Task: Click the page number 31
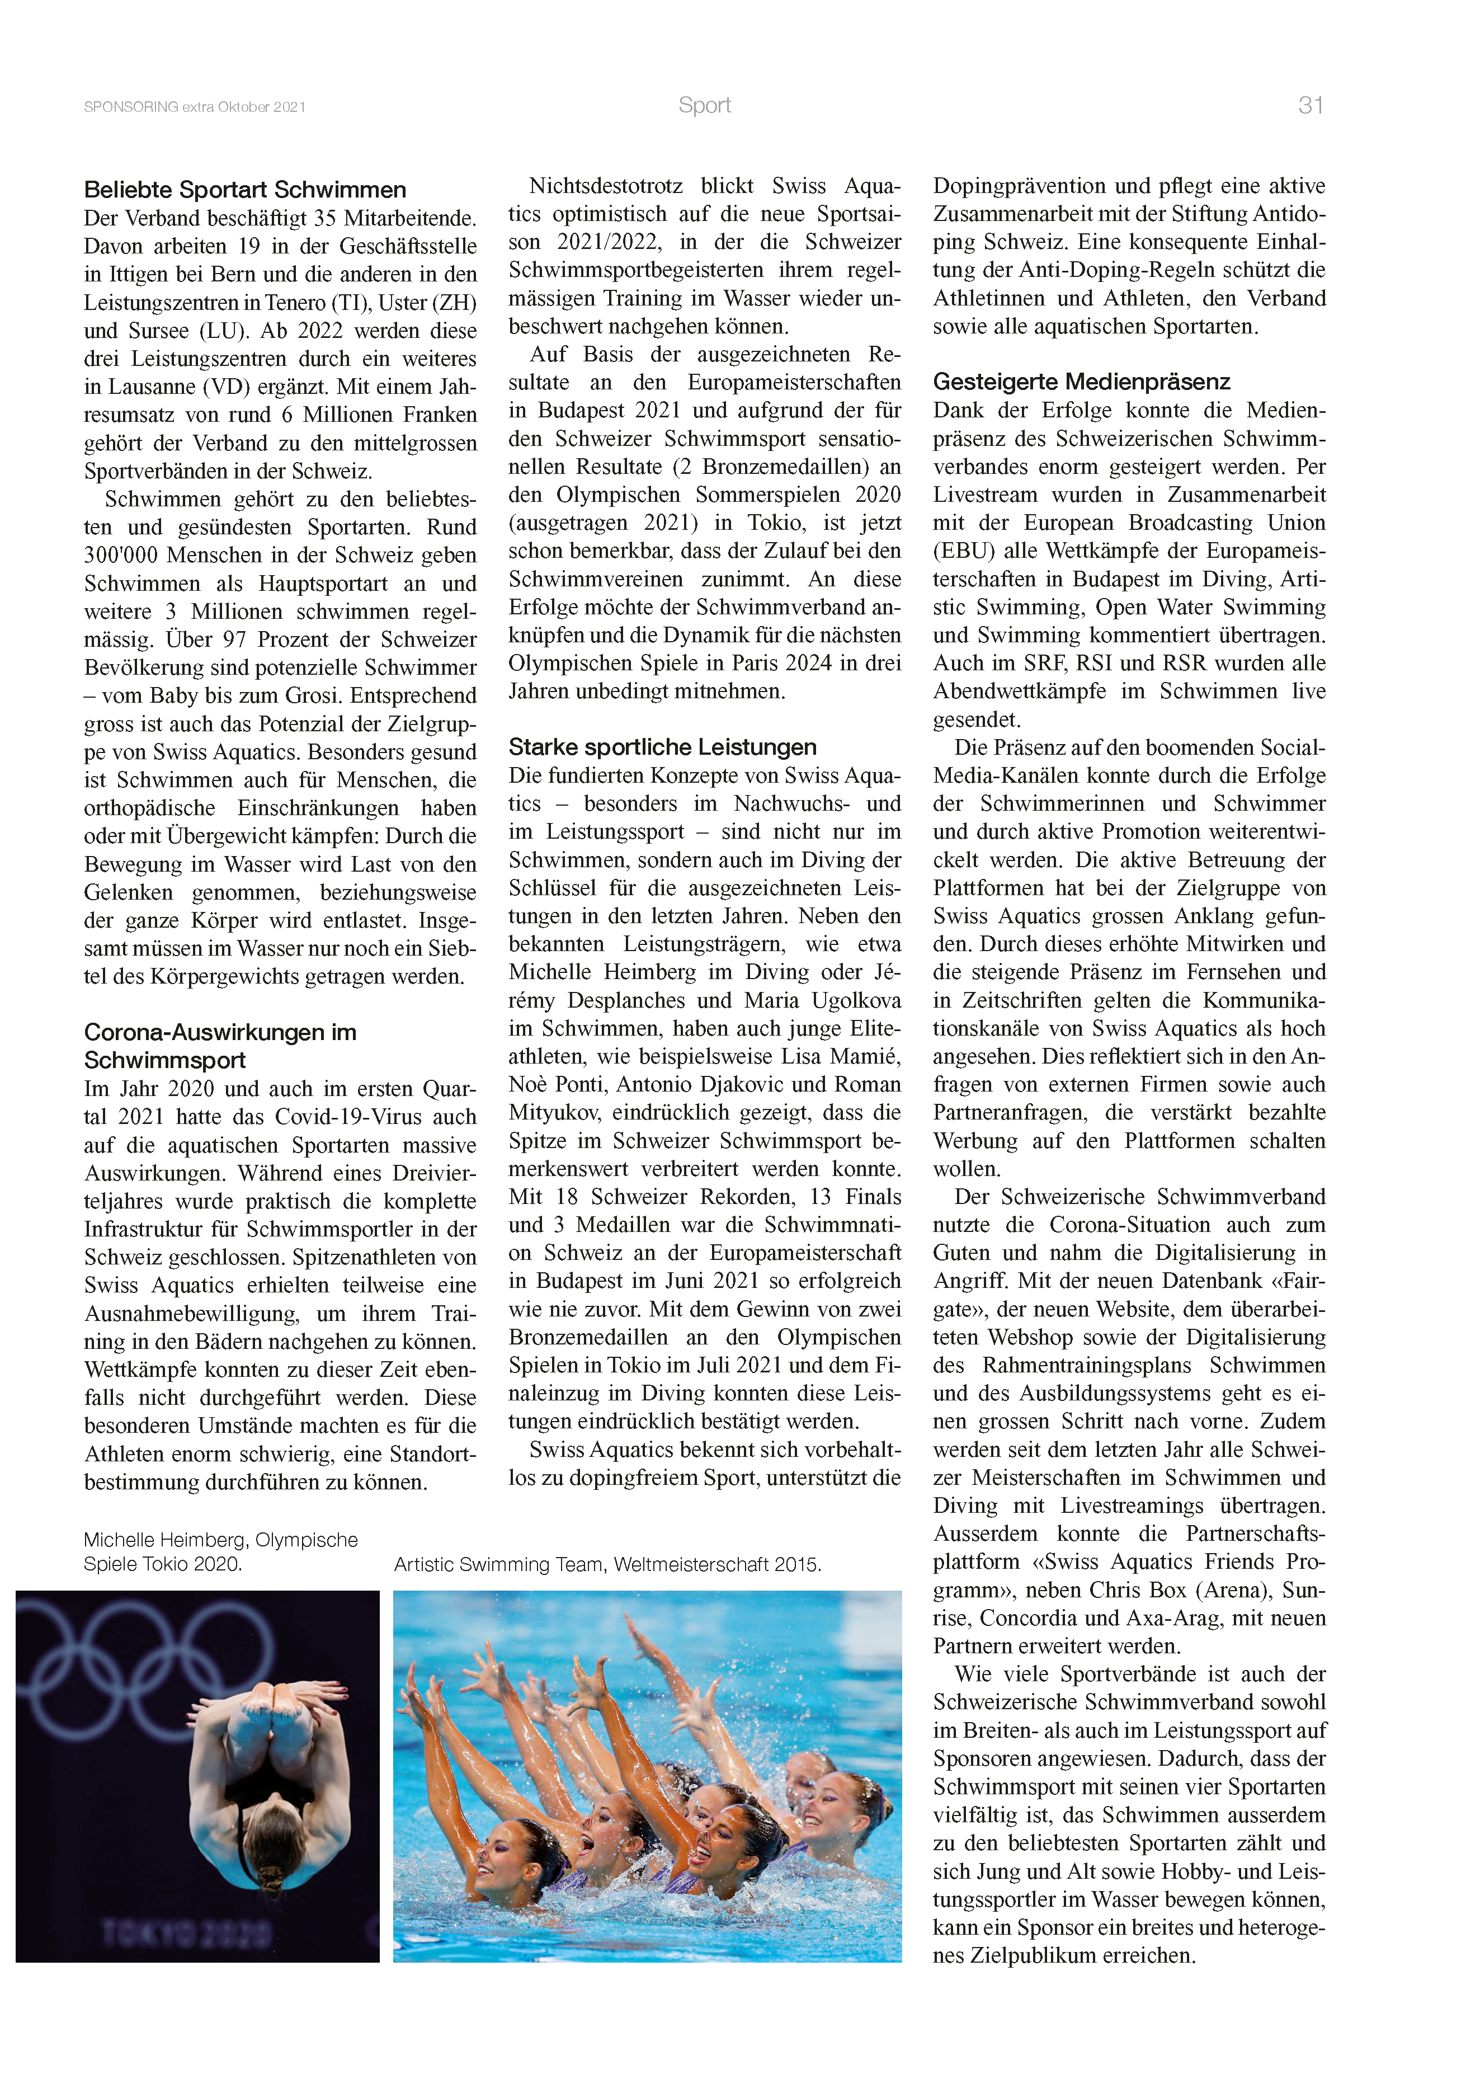(x=1310, y=106)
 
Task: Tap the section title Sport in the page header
(x=705, y=106)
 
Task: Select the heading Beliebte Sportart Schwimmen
(x=245, y=190)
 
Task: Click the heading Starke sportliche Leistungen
(x=662, y=747)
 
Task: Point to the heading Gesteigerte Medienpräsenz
(x=1081, y=381)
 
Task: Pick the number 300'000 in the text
(x=120, y=556)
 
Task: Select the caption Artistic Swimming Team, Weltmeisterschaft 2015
(x=607, y=1564)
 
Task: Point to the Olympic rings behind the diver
(x=154, y=1658)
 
